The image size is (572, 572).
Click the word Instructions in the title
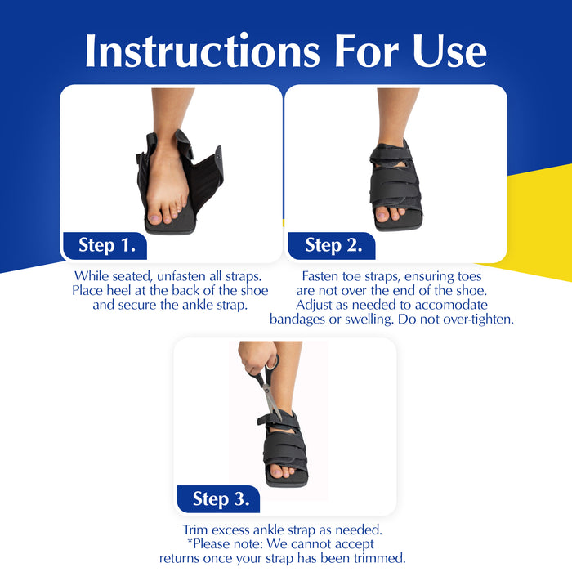click(x=203, y=51)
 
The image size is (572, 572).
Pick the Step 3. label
click(x=221, y=498)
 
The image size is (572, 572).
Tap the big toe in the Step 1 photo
click(x=154, y=218)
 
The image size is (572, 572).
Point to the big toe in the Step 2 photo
click(x=382, y=215)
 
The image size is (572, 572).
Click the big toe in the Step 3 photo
click(x=276, y=472)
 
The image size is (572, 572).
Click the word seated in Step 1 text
click(x=132, y=276)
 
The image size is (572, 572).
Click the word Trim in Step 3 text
click(x=195, y=530)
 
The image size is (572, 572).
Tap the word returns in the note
click(x=180, y=558)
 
